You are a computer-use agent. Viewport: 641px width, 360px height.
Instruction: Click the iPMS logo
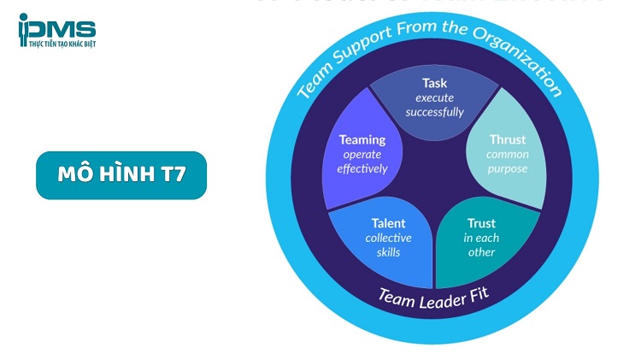point(56,31)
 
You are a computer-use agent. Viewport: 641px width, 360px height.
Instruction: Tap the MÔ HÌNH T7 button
point(121,175)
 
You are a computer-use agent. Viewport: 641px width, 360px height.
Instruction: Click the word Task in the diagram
point(435,83)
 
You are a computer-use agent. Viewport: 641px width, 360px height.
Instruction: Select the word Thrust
point(508,139)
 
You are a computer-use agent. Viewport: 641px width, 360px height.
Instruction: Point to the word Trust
point(481,224)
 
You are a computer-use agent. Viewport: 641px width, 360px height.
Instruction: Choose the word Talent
point(388,224)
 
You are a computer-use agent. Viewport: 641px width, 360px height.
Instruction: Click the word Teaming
point(362,139)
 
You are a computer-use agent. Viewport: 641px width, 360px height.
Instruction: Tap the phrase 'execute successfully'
point(435,105)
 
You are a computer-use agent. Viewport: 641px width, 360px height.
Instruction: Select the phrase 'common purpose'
point(508,161)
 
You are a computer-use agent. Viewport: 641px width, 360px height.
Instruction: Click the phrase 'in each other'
point(481,245)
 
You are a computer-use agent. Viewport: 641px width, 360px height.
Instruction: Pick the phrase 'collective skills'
point(388,245)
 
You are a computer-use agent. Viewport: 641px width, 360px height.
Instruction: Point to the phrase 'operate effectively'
point(362,162)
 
